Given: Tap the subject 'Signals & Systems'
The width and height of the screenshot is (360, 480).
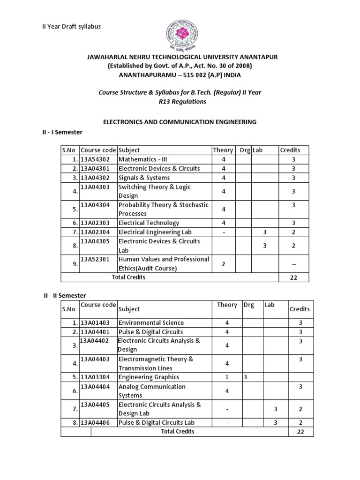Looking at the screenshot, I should click(144, 178).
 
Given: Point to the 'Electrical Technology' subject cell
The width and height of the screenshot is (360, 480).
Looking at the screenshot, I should click(149, 223).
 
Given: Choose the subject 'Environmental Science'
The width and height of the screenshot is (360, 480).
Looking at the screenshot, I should click(151, 322).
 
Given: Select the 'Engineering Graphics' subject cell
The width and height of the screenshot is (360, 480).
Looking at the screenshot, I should click(149, 377).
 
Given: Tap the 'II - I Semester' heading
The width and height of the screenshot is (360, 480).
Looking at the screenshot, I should click(60, 133).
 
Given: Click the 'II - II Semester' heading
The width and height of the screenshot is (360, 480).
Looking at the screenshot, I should click(62, 295).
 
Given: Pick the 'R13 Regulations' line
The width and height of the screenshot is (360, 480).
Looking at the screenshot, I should click(180, 101).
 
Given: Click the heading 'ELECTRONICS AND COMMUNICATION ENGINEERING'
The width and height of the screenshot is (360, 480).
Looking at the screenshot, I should click(180, 122).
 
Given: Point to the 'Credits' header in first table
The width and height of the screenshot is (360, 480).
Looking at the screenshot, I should click(290, 150).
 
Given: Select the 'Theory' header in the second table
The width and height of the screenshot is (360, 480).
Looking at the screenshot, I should click(227, 305).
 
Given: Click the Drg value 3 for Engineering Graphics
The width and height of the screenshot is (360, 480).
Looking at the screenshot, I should click(245, 377).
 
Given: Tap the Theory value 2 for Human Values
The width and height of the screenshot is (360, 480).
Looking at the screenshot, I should click(224, 264).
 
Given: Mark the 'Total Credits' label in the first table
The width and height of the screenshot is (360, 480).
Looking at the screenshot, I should click(128, 277).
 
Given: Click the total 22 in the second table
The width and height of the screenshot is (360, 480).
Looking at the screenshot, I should click(300, 432).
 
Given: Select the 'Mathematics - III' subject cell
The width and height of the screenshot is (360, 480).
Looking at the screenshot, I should click(139, 159).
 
